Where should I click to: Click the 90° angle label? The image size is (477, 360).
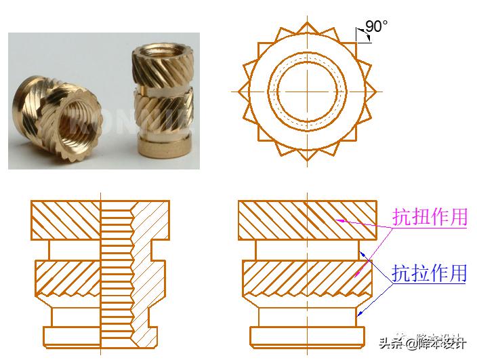tap(376, 26)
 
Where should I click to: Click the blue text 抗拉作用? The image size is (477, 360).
tap(430, 273)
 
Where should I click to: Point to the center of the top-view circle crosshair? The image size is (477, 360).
tap(306, 91)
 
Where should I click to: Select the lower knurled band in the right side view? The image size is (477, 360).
tap(307, 278)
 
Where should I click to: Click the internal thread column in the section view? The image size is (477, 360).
tap(117, 271)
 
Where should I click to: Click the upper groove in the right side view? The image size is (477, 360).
tap(307, 250)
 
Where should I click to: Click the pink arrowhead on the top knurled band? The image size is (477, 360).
tap(339, 220)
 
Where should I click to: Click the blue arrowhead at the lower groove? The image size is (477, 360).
tap(360, 313)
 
